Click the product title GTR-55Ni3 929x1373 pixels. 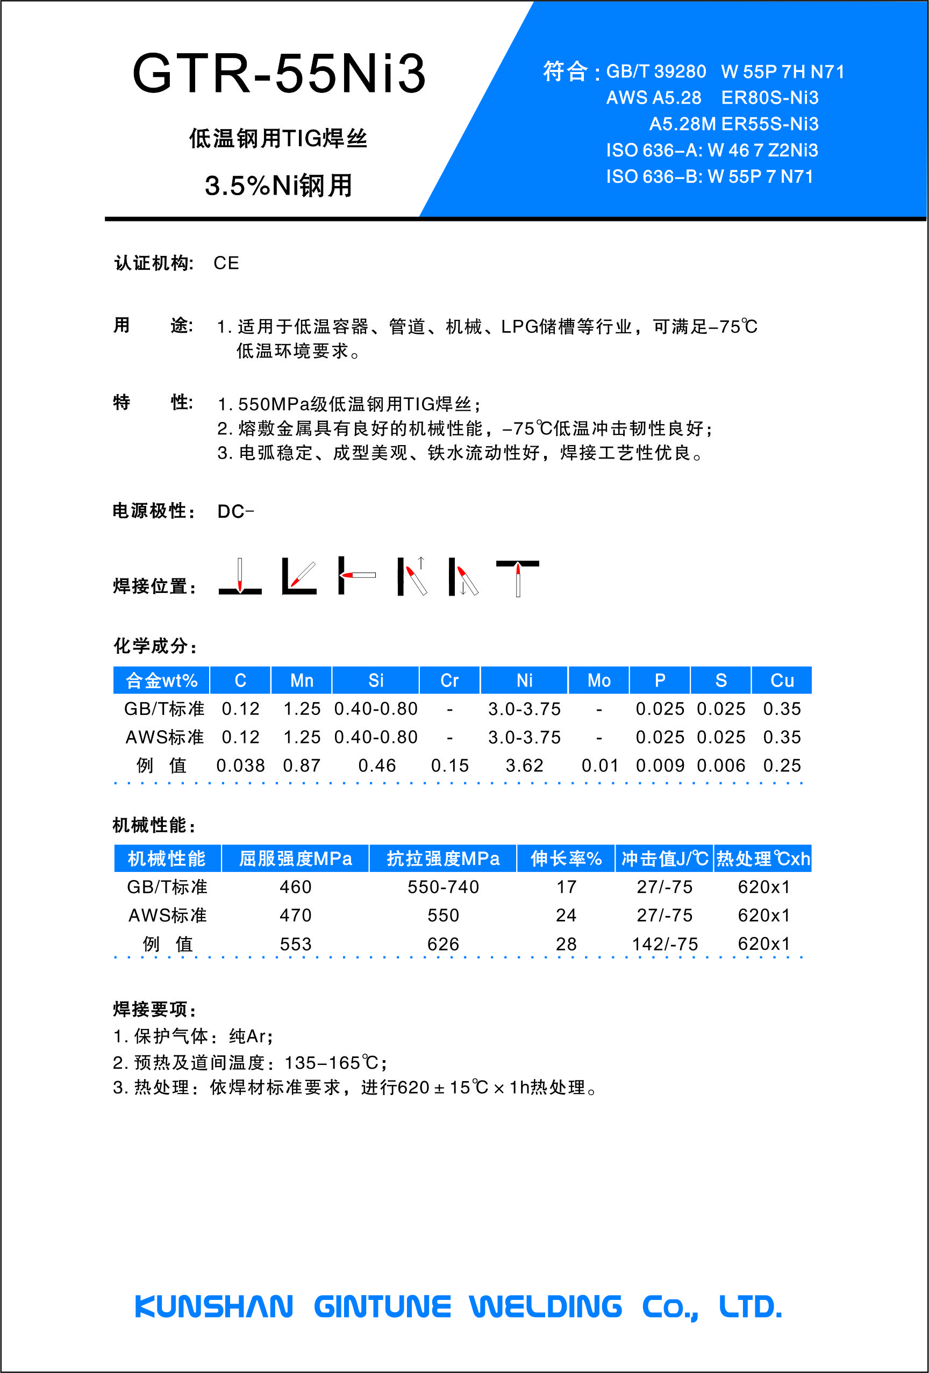click(278, 73)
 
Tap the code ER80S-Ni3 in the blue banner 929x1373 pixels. click(769, 97)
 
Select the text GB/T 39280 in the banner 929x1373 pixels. click(656, 71)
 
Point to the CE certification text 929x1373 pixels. click(226, 263)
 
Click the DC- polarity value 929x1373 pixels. click(235, 511)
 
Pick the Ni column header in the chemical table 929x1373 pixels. click(524, 681)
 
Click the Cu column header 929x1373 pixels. click(781, 681)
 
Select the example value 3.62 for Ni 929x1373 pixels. click(524, 766)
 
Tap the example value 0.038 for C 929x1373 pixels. click(240, 766)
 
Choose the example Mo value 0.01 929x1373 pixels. click(600, 766)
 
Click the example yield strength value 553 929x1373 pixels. click(296, 944)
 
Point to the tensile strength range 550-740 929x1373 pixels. click(443, 887)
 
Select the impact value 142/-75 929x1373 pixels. click(665, 944)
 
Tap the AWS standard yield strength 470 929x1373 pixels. click(296, 915)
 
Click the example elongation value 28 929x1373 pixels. click(566, 944)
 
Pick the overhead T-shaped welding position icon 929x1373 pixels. click(518, 577)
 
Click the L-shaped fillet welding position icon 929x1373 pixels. click(299, 576)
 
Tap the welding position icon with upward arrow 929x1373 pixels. click(412, 576)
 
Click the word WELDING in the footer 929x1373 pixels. click(546, 1306)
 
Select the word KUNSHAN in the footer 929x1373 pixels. click(214, 1306)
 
